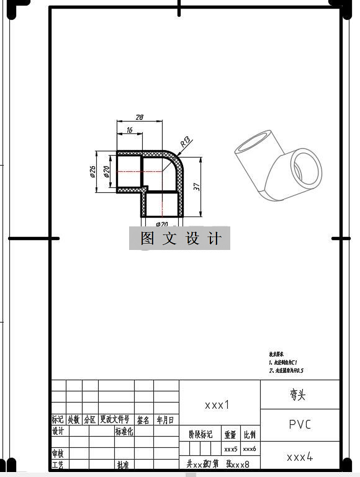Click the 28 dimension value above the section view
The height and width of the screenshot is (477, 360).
139,117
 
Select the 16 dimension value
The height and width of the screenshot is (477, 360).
129,130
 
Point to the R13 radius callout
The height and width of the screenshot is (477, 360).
186,143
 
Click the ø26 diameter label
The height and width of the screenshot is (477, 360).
92,172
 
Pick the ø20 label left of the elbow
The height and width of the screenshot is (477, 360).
107,172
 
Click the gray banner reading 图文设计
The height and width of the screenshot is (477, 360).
180,238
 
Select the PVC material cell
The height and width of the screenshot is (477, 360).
300,425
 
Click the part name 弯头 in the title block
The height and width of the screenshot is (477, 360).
298,395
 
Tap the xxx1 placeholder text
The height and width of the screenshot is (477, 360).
217,404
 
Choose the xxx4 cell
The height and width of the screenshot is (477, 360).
300,457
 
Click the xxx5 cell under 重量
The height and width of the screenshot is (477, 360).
231,448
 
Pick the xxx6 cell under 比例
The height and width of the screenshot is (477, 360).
250,448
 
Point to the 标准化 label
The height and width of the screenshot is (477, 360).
124,431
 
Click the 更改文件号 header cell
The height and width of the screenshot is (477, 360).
115,420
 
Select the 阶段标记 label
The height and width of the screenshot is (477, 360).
200,434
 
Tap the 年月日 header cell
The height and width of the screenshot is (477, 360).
166,420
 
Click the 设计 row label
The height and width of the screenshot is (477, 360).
58,431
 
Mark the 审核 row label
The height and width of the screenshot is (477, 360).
58,453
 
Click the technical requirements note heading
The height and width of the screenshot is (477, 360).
276,354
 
